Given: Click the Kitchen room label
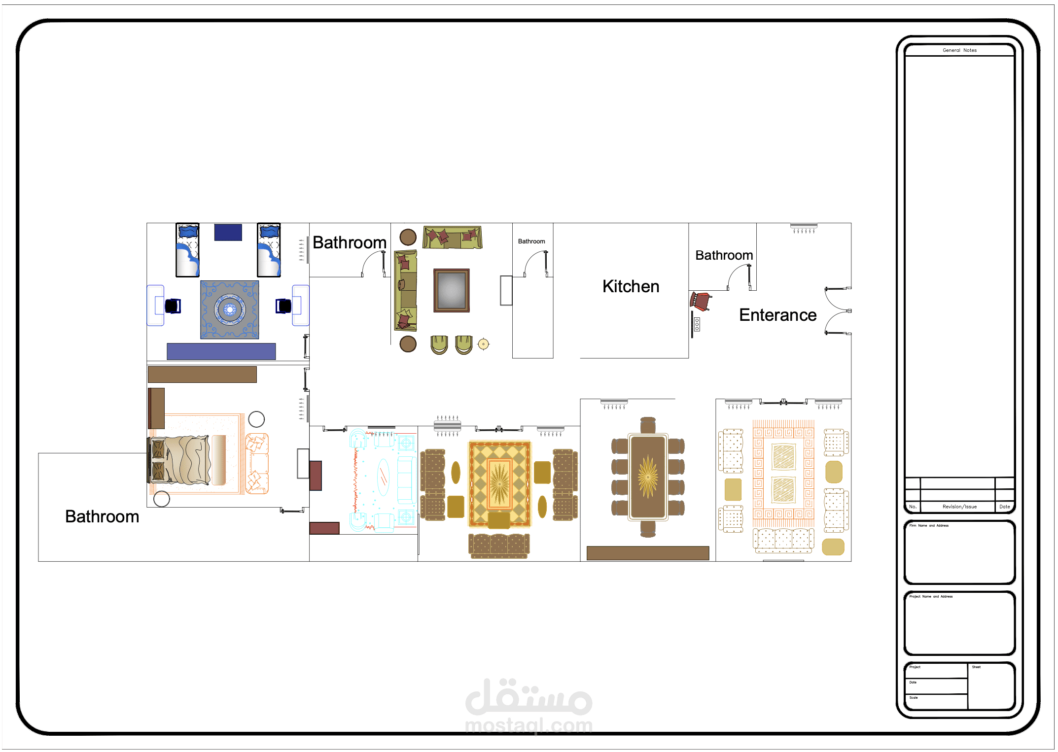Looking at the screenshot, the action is [631, 286].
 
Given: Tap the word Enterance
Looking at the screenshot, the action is [777, 315].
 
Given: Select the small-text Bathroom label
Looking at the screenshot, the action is [531, 241].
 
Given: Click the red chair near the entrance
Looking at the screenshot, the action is [701, 301].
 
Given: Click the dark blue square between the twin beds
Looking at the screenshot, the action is [228, 233].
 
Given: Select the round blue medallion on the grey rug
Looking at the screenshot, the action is [230, 309].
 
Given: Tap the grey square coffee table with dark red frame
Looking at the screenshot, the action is [452, 290].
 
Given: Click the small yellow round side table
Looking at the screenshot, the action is [484, 344].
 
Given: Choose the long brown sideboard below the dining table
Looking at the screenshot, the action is [648, 553].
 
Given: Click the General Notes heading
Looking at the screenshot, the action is [959, 50].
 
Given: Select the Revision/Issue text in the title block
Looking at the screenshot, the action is [959, 507].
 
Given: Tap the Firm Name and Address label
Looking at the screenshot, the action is [929, 525].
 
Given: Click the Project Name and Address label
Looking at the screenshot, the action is [931, 596].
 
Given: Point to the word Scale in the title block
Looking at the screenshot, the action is [914, 698].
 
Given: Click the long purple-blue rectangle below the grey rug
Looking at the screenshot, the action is [221, 351].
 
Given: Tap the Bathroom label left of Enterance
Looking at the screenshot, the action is [724, 255].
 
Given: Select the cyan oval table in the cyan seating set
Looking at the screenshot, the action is [383, 477].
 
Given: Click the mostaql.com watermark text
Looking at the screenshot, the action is [529, 725].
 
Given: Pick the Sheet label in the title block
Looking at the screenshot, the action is [976, 667].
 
